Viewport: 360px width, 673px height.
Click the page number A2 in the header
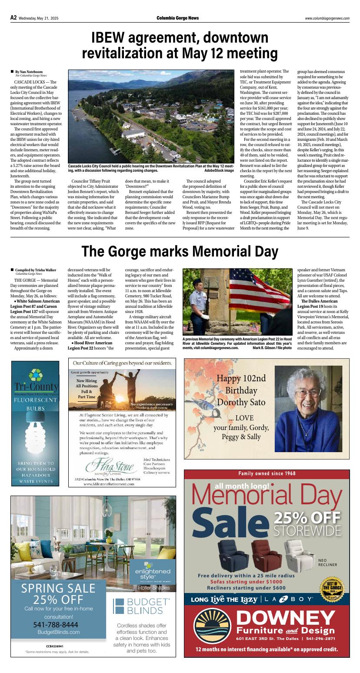pos(13,18)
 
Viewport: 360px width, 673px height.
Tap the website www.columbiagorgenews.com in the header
pos(327,18)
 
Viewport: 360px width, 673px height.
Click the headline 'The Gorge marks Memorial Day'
pos(180,251)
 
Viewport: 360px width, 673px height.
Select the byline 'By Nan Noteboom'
pos(29,72)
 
